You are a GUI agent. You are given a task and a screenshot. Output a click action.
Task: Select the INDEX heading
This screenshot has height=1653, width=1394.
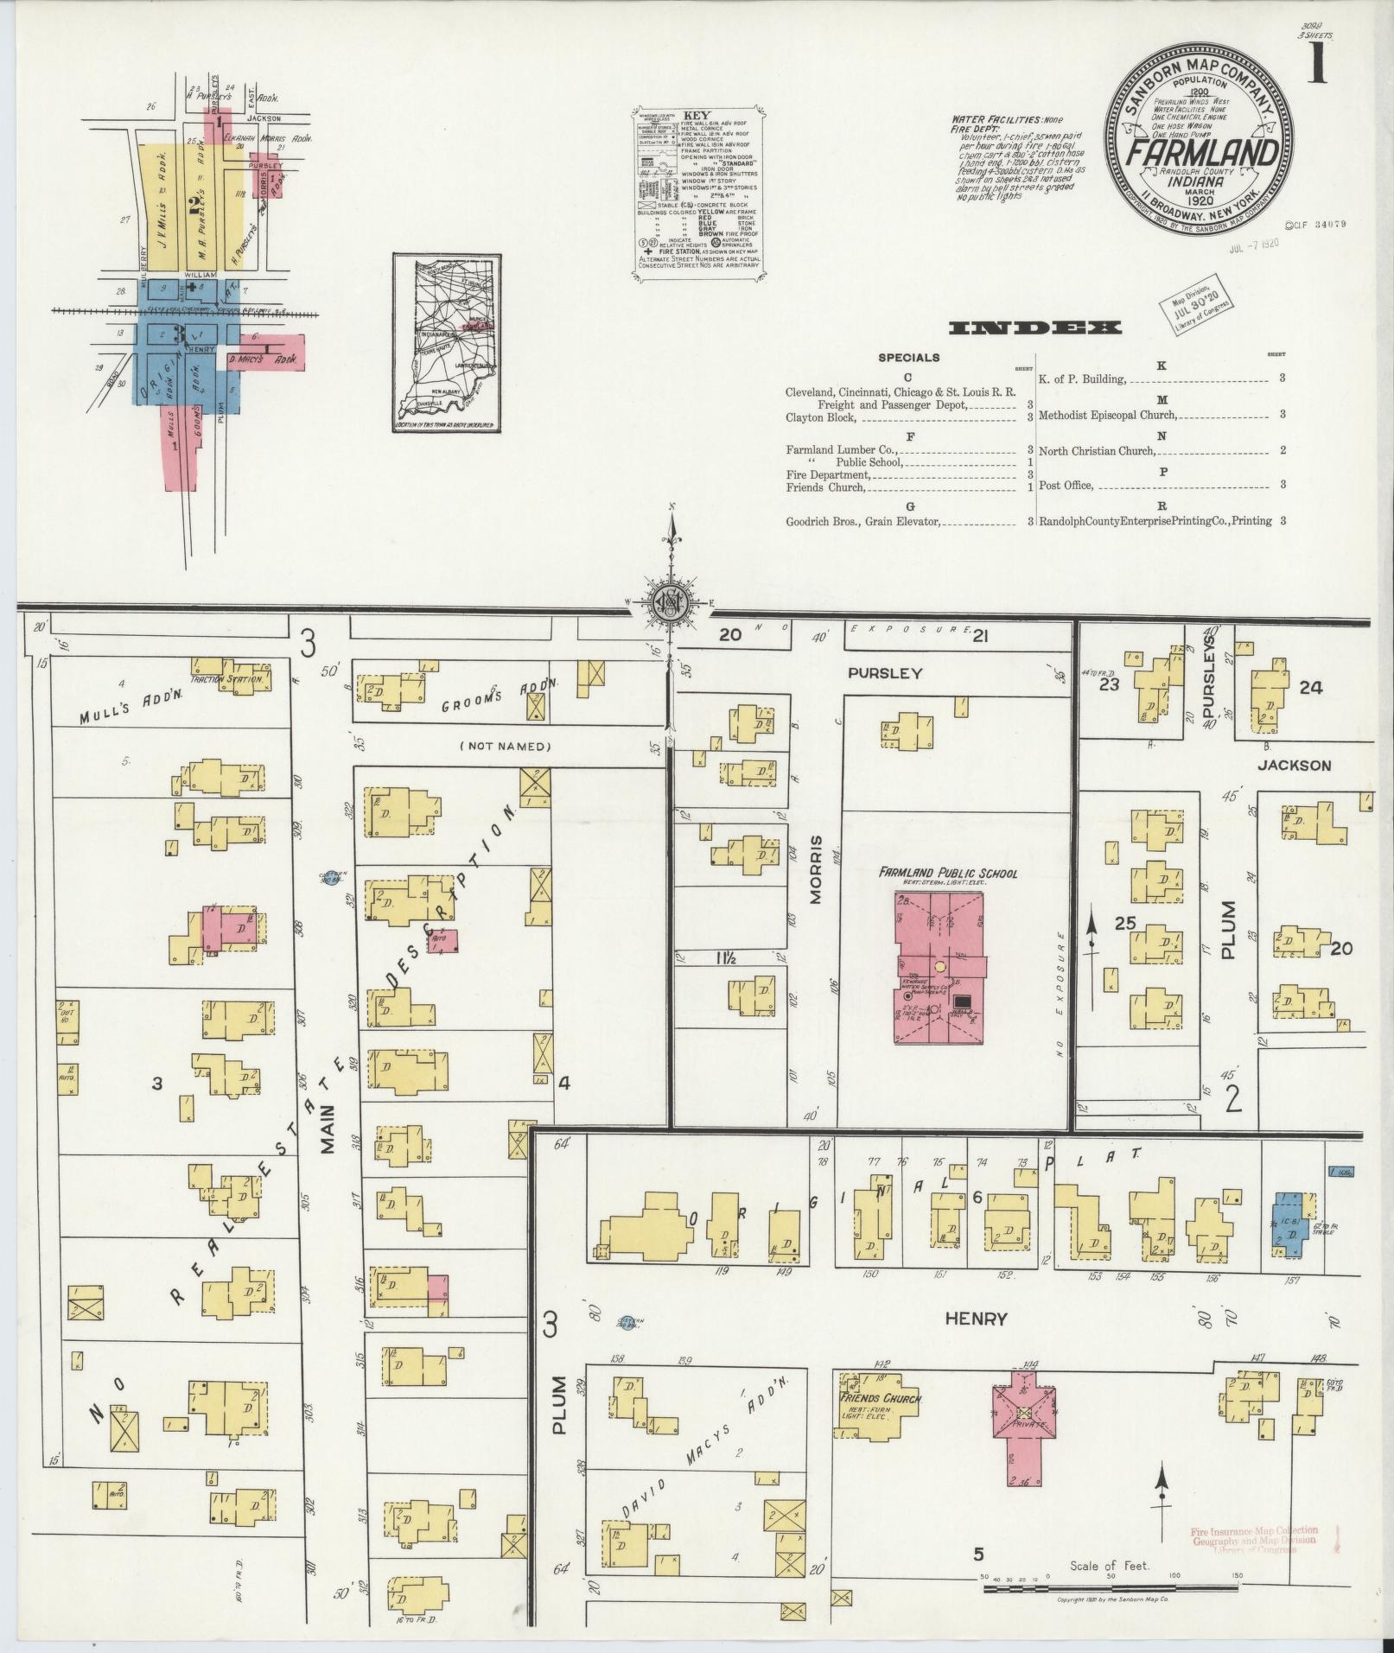[1034, 327]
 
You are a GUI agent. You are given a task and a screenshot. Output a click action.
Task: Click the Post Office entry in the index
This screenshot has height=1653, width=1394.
[1066, 486]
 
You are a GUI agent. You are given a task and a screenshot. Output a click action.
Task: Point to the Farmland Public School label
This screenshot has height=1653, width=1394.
[936, 874]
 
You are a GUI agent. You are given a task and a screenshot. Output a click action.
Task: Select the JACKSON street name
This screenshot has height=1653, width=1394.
[1294, 765]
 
